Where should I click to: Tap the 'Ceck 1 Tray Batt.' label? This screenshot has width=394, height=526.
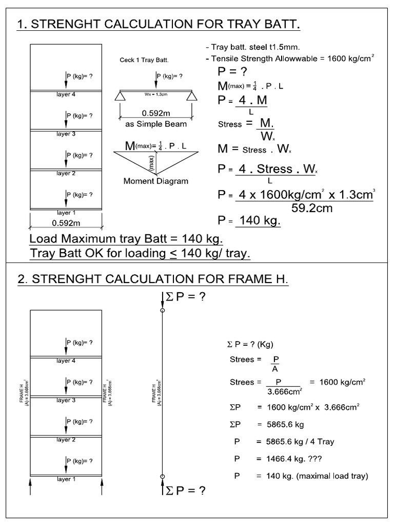[x=144, y=60]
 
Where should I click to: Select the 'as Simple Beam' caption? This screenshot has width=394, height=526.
[x=156, y=124]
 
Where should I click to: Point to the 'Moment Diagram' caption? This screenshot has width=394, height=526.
[x=156, y=181]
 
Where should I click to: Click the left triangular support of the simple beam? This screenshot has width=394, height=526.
[x=120, y=96]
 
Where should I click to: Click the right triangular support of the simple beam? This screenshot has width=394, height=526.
[x=192, y=96]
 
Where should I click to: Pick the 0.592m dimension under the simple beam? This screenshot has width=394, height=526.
[x=156, y=113]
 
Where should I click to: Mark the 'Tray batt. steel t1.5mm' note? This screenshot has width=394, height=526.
[x=249, y=47]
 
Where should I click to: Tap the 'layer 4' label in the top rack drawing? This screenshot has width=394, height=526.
[x=66, y=95]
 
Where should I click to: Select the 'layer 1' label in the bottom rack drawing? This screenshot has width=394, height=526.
[x=66, y=479]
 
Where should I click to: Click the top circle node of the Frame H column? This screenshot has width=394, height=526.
[x=163, y=310]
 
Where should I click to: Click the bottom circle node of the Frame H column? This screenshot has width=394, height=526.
[x=163, y=477]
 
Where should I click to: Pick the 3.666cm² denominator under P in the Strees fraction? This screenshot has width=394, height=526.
[x=281, y=391]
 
